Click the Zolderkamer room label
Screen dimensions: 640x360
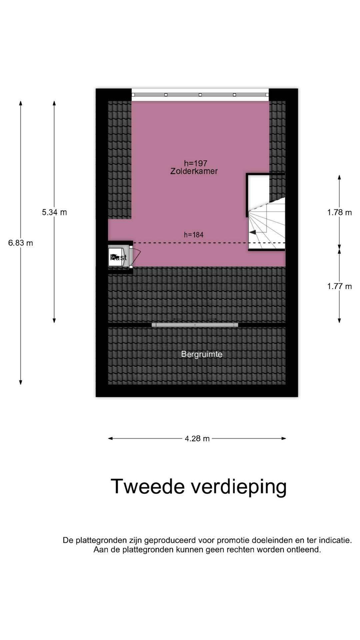click(x=194, y=171)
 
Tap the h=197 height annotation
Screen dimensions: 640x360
click(x=196, y=163)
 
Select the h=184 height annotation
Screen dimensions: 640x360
click(x=194, y=235)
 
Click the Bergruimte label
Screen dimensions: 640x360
click(x=202, y=354)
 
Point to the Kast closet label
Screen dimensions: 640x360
click(x=119, y=258)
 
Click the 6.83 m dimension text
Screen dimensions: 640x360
click(x=21, y=243)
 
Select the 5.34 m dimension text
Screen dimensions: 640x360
click(x=54, y=212)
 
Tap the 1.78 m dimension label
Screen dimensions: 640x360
click(x=339, y=212)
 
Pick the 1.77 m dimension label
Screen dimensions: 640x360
click(x=339, y=286)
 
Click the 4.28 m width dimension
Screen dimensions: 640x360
click(x=197, y=439)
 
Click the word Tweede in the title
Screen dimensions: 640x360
click(x=148, y=486)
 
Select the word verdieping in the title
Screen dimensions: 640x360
click(x=239, y=487)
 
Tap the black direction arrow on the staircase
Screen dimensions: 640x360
click(x=253, y=232)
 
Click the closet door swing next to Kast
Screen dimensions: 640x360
click(x=136, y=256)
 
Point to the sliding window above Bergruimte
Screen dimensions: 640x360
click(x=195, y=325)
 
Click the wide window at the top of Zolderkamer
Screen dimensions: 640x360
click(x=200, y=95)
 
